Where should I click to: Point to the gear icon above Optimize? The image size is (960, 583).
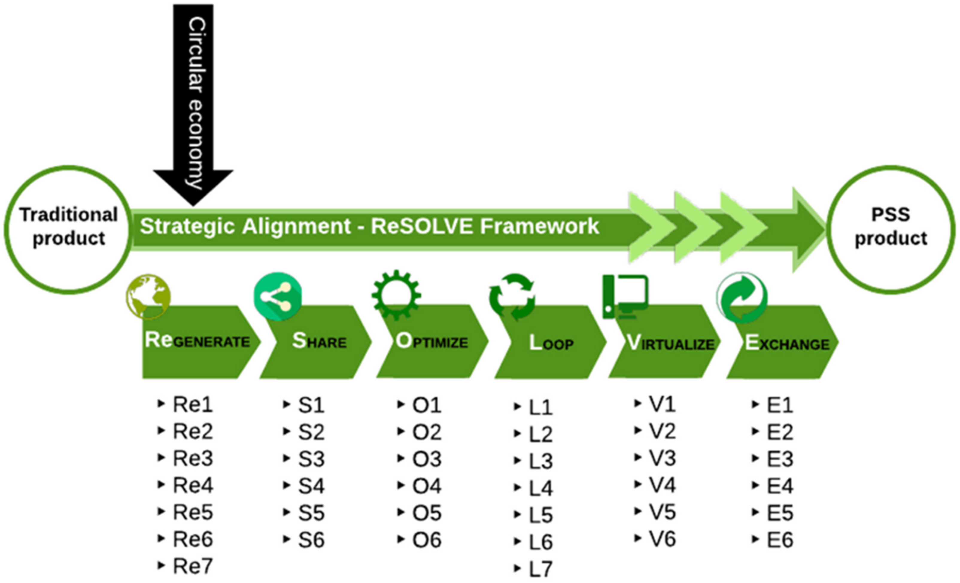click(x=396, y=294)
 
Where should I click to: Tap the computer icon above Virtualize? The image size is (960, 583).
click(x=625, y=296)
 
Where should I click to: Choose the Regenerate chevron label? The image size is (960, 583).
click(x=197, y=341)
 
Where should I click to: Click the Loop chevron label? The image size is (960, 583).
click(x=551, y=343)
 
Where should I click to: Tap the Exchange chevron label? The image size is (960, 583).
click(x=787, y=343)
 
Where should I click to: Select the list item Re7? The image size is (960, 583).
click(x=192, y=566)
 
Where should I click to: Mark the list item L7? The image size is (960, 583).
click(x=540, y=569)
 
